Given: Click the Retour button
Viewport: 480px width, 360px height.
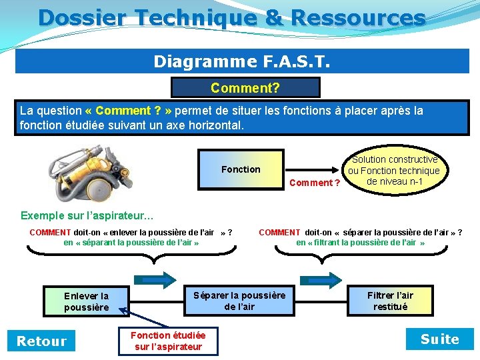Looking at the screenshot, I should pyautogui.click(x=41, y=341).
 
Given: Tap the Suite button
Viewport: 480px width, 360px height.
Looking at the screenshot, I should pyautogui.click(x=439, y=339).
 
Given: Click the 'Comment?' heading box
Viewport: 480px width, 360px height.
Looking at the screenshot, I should pyautogui.click(x=245, y=88).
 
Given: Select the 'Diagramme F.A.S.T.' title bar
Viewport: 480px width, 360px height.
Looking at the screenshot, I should pyautogui.click(x=242, y=61).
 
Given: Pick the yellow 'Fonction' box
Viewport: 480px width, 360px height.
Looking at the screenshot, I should pyautogui.click(x=241, y=169).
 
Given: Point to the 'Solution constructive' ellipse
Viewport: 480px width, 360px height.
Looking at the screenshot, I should pyautogui.click(x=395, y=171).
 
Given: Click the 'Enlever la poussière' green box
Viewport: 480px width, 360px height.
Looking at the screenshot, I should pyautogui.click(x=86, y=301).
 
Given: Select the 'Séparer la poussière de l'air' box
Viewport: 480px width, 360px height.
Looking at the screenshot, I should pyautogui.click(x=239, y=301).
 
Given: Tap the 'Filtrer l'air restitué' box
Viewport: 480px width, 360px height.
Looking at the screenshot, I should pyautogui.click(x=390, y=301).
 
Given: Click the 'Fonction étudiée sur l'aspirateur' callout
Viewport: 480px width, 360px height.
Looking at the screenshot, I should pyautogui.click(x=168, y=341).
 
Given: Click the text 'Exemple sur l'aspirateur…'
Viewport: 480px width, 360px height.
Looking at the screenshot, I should pyautogui.click(x=87, y=215).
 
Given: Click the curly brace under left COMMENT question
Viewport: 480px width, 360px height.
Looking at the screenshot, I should pyautogui.click(x=130, y=253).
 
